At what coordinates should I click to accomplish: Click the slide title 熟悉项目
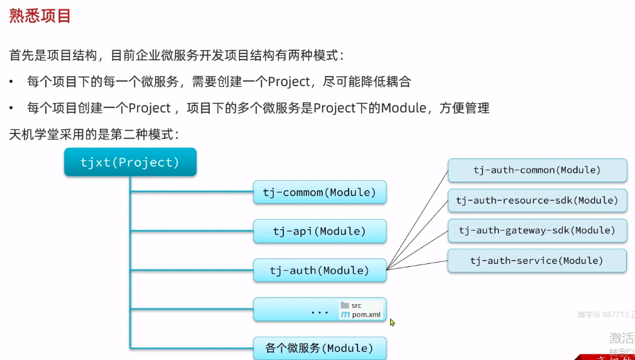pyautogui.click(x=40, y=15)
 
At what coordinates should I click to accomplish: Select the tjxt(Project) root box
pyautogui.click(x=130, y=162)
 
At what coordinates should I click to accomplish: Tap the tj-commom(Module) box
pyautogui.click(x=320, y=192)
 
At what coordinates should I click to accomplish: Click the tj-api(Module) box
pyautogui.click(x=320, y=231)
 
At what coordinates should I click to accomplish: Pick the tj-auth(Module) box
pyautogui.click(x=320, y=271)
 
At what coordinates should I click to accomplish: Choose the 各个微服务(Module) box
pyautogui.click(x=320, y=348)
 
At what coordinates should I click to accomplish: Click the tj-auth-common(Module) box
pyautogui.click(x=537, y=170)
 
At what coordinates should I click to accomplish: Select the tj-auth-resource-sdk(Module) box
pyautogui.click(x=537, y=200)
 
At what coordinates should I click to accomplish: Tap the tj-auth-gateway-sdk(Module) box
pyautogui.click(x=537, y=231)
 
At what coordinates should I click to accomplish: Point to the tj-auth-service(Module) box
pyautogui.click(x=537, y=261)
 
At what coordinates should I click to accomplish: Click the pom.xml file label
pyautogui.click(x=366, y=315)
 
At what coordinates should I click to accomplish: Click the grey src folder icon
pyautogui.click(x=345, y=305)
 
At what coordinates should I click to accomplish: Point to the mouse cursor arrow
pyautogui.click(x=392, y=322)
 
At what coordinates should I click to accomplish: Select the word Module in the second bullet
pyautogui.click(x=404, y=108)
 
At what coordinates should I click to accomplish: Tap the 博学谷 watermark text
pyautogui.click(x=589, y=314)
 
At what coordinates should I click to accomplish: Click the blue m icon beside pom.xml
pyautogui.click(x=345, y=315)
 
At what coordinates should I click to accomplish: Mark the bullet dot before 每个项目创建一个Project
pyautogui.click(x=12, y=108)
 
